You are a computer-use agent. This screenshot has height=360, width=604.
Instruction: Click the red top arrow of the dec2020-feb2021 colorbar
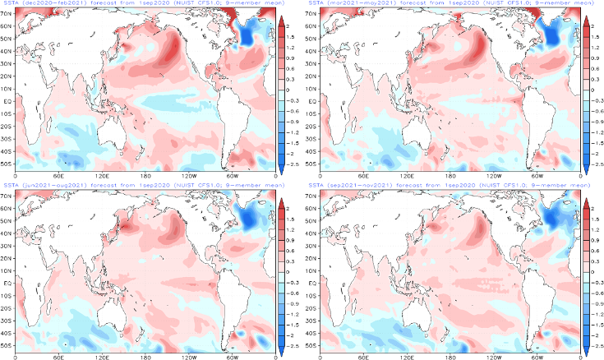coord(282,21)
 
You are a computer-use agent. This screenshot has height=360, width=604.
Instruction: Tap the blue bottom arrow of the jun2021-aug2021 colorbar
coord(282,351)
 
